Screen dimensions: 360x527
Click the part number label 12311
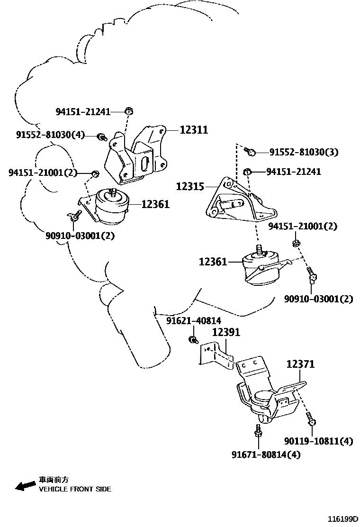click(x=194, y=129)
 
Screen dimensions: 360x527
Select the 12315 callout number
click(x=190, y=187)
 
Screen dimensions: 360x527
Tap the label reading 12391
click(x=225, y=332)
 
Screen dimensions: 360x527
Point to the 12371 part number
click(x=300, y=364)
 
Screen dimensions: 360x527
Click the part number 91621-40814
click(x=193, y=321)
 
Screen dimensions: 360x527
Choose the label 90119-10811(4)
click(x=318, y=441)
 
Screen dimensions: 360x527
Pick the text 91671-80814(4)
click(x=266, y=454)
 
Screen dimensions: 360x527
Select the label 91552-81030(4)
click(x=50, y=135)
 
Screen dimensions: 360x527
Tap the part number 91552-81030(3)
click(x=304, y=153)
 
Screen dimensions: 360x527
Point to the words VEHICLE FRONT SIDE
click(x=75, y=489)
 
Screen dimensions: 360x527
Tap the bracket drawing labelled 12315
click(x=237, y=201)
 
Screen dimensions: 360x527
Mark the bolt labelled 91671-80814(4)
click(x=258, y=432)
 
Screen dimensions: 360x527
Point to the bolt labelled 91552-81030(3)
click(x=251, y=152)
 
